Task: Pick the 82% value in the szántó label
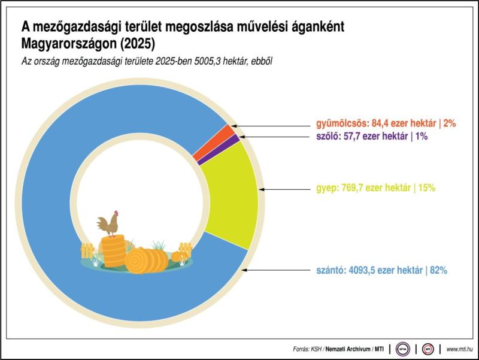(438, 270)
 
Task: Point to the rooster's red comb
(116, 212)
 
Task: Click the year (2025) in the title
(140, 45)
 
